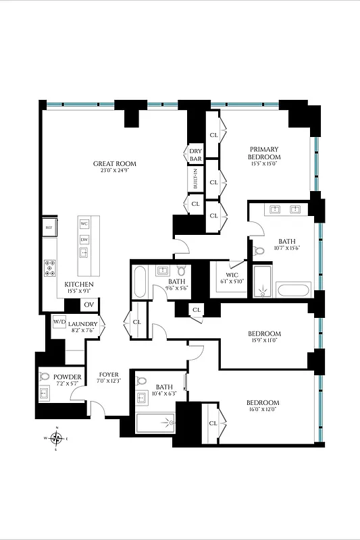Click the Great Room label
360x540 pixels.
[x=115, y=164]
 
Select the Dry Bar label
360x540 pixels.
[x=195, y=155]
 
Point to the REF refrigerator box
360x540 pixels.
[x=49, y=228]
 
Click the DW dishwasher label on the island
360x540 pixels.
[x=84, y=240]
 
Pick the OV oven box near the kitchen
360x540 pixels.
[x=89, y=305]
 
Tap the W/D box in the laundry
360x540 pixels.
[x=59, y=321]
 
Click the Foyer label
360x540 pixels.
[x=109, y=375]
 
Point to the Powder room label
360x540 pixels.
[x=68, y=377]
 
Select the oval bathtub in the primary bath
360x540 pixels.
[x=293, y=291]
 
